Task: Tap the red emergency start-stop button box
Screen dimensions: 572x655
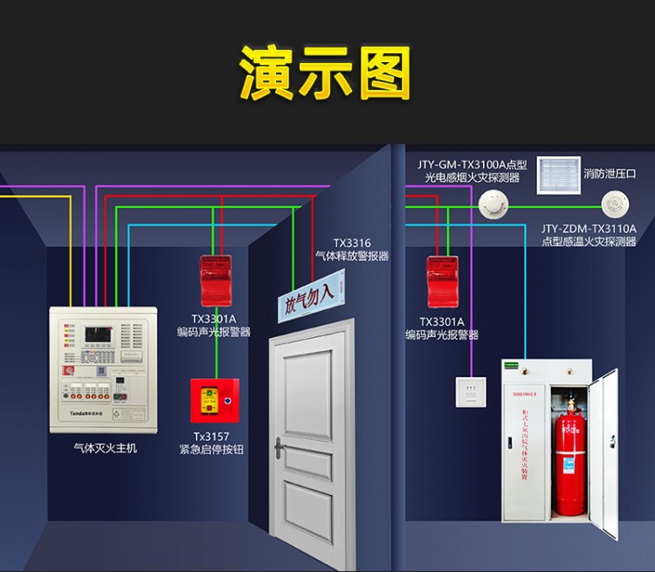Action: point(215,401)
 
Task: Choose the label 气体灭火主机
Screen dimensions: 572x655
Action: point(106,448)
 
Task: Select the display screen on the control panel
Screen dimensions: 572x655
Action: point(95,336)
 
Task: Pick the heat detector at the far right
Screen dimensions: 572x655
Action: point(613,205)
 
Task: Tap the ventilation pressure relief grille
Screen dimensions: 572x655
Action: point(557,175)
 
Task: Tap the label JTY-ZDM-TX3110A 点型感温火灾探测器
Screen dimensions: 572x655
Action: point(588,235)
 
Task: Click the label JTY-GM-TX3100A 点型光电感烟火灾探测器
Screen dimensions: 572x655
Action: point(472,170)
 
